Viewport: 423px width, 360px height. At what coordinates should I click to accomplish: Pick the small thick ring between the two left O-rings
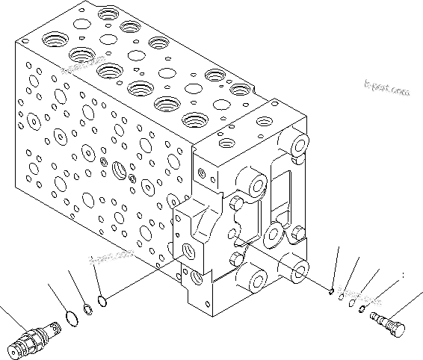click(87, 307)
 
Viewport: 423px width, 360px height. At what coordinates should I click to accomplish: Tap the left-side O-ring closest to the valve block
click(103, 301)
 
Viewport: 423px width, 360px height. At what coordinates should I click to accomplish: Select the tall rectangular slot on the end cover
click(283, 186)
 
